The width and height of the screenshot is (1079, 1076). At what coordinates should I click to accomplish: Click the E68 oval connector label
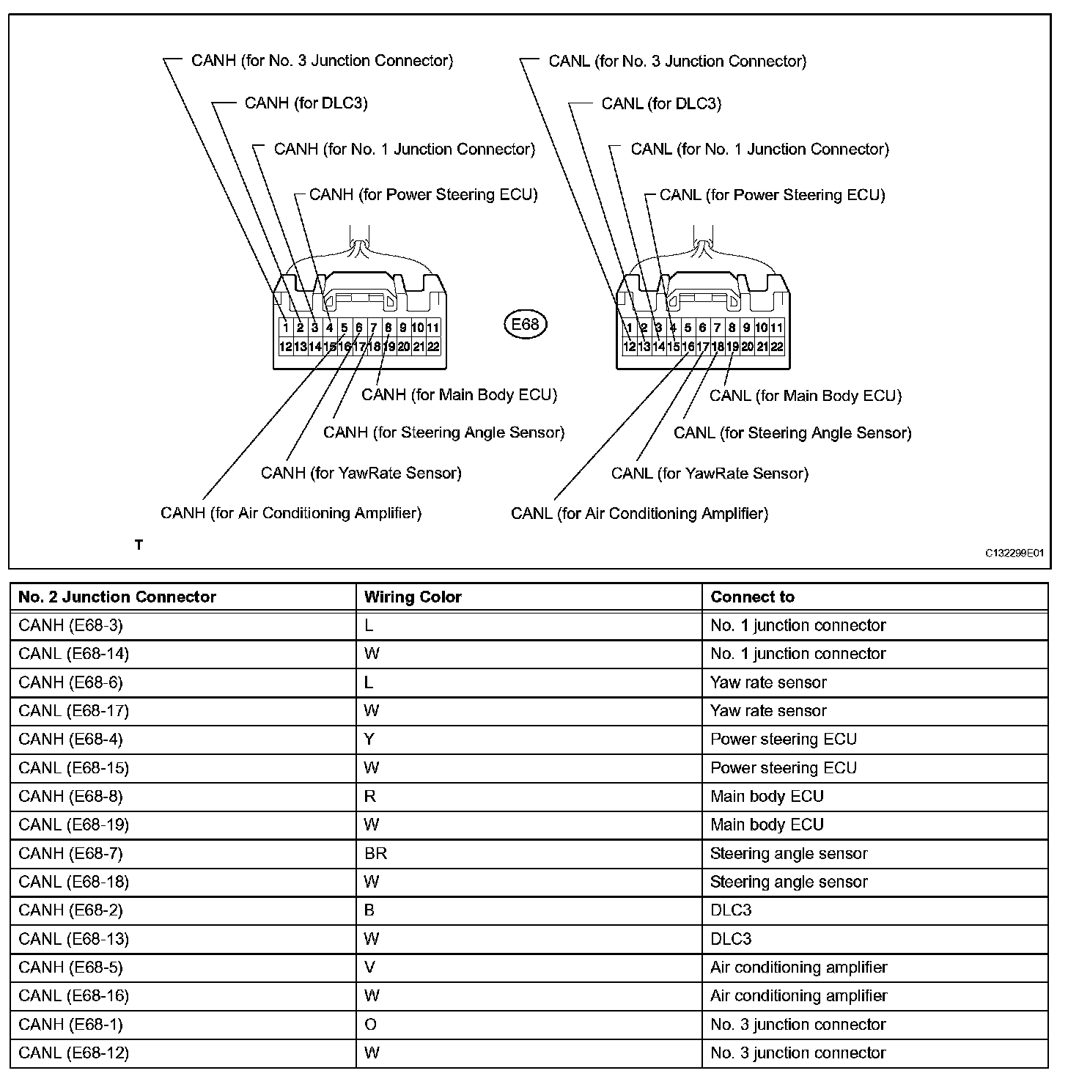pyautogui.click(x=525, y=323)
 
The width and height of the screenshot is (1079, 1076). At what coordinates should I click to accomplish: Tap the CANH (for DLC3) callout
pyautogui.click(x=306, y=103)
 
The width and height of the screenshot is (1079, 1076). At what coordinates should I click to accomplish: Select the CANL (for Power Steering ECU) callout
pyautogui.click(x=772, y=195)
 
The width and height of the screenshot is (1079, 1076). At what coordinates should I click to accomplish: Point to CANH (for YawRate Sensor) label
pyautogui.click(x=361, y=473)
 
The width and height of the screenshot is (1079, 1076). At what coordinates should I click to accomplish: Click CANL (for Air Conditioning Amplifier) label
pyautogui.click(x=639, y=514)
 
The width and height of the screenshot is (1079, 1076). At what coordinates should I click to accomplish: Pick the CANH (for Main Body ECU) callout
pyautogui.click(x=459, y=395)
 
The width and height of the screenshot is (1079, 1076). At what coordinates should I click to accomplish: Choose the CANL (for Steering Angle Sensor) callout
pyautogui.click(x=792, y=433)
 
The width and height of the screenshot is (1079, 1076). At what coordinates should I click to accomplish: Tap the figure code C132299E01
pyautogui.click(x=1014, y=553)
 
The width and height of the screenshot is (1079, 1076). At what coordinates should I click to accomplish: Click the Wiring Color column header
pyautogui.click(x=413, y=597)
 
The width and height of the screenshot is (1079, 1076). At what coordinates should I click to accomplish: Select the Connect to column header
pyautogui.click(x=752, y=597)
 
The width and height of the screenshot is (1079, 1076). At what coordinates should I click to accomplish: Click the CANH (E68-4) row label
pyautogui.click(x=70, y=739)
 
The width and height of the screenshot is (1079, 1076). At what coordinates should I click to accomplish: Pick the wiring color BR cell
pyautogui.click(x=375, y=853)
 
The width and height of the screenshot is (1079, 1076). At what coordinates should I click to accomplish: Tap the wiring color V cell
pyautogui.click(x=369, y=968)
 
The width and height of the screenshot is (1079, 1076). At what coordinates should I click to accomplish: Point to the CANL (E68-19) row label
pyautogui.click(x=73, y=825)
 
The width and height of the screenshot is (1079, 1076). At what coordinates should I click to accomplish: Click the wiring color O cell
pyautogui.click(x=370, y=1025)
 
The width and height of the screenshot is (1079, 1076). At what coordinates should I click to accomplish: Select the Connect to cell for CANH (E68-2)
pyautogui.click(x=731, y=910)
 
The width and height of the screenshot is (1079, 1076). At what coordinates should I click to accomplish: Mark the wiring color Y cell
pyautogui.click(x=369, y=739)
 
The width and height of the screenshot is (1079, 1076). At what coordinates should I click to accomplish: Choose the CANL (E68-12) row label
pyautogui.click(x=73, y=1053)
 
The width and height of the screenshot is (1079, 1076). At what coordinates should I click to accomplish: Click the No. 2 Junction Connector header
pyautogui.click(x=117, y=597)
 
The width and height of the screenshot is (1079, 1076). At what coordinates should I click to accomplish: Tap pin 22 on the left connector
pyautogui.click(x=433, y=347)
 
